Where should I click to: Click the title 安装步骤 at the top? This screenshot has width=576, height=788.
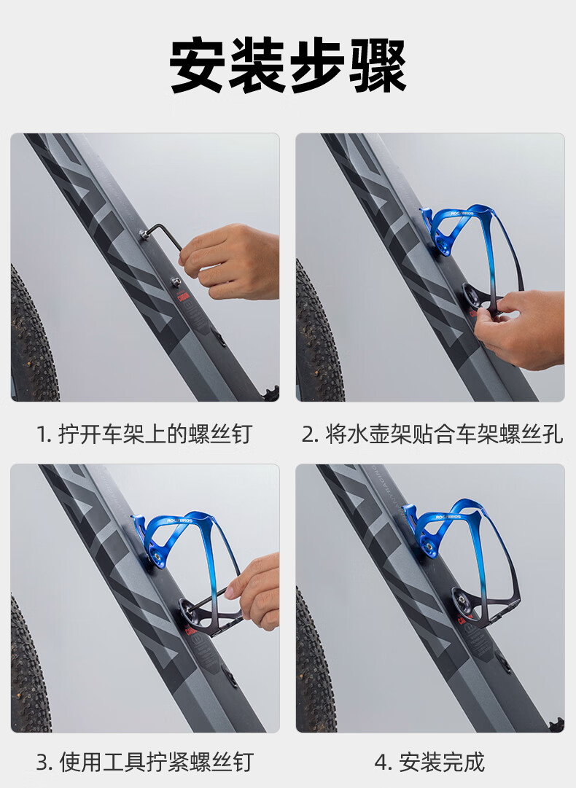287,66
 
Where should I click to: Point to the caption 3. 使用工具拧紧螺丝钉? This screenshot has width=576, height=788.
145,762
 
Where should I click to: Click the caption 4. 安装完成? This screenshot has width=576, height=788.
429,762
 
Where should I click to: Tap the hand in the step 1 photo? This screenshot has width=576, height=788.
230,261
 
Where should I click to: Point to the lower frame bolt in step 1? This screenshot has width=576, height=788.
176,281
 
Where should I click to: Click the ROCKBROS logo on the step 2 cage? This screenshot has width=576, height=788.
462,213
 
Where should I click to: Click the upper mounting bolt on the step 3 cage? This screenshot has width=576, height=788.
157,556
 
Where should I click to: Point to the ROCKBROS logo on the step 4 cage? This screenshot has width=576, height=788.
448,517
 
